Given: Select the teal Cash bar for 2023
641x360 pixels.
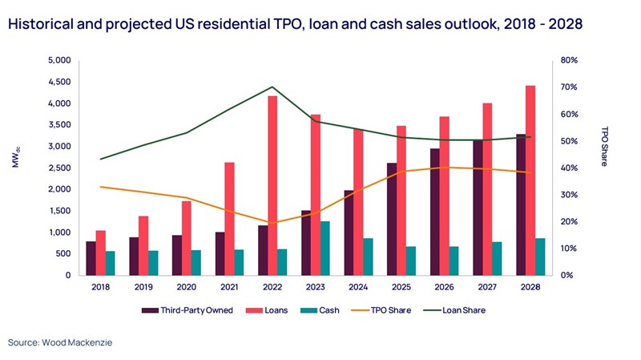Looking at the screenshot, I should point(302,248).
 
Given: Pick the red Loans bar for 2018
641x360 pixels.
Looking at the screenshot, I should point(100,253).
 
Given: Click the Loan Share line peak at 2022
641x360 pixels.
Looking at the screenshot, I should point(272,87).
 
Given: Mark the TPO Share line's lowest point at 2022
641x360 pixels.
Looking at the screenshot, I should point(272,223).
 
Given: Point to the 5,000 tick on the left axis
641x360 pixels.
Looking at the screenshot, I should point(60,60).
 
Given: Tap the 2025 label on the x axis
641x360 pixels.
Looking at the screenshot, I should point(412,286).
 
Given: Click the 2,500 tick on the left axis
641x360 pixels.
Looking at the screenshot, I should point(60,168).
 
